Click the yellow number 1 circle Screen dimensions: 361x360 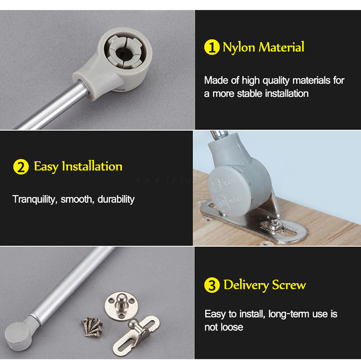pyautogui.click(x=212, y=47)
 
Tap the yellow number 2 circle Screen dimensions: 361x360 pyautogui.click(x=21, y=167)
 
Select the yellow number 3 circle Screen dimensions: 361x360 pyautogui.click(x=212, y=285)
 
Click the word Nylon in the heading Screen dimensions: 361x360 pyautogui.click(x=239, y=48)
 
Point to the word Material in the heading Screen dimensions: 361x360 pyautogui.click(x=282, y=47)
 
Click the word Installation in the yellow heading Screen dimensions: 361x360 pyautogui.click(x=92, y=166)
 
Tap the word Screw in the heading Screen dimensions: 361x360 pyautogui.click(x=289, y=285)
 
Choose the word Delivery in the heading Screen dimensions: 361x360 pyautogui.click(x=246, y=285)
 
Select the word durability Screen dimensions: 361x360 pyautogui.click(x=116, y=199)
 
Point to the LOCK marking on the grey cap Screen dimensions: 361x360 pyautogui.click(x=229, y=182)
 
